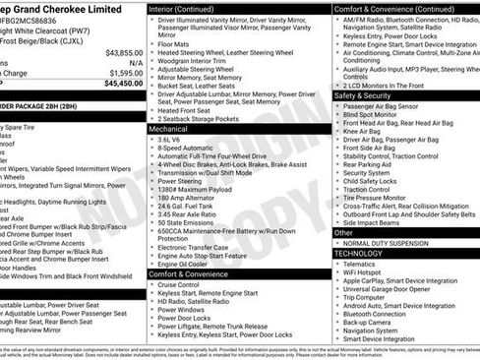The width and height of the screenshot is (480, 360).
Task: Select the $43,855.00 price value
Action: pyautogui.click(x=124, y=52)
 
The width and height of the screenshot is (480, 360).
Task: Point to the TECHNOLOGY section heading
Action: pyautogui.click(x=358, y=253)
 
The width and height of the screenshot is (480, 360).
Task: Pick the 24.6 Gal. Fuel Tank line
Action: pyautogui.click(x=191, y=205)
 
